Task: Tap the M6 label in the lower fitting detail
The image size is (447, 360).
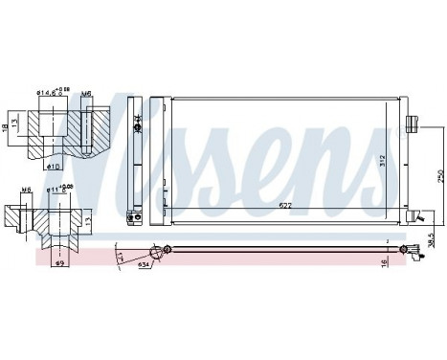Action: click(26, 190)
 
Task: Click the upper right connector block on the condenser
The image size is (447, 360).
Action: click(413, 124)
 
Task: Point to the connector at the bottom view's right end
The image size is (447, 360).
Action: click(419, 252)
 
